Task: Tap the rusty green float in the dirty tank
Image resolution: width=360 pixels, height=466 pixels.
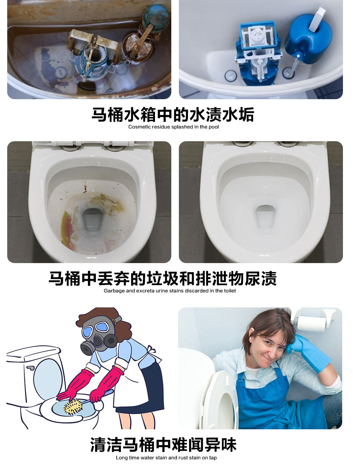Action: point(156,16)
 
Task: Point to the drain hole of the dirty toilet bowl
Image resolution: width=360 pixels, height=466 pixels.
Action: point(93,220)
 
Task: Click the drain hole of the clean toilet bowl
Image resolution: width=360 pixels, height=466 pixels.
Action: point(265,217)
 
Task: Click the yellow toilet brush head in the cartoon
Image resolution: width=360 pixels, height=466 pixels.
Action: point(73,407)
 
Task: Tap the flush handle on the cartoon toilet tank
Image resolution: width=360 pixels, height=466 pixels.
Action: point(30,368)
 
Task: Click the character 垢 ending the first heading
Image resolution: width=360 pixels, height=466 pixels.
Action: point(246,114)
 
